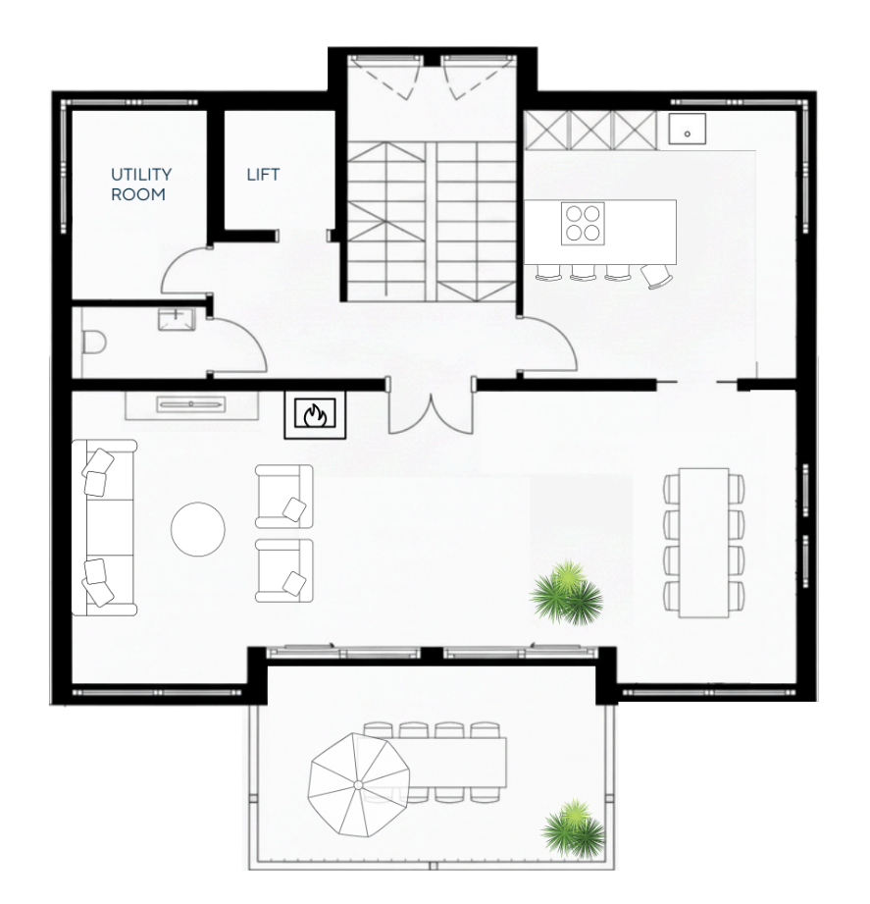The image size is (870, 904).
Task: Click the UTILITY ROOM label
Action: (141, 184)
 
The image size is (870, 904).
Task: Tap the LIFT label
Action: (263, 174)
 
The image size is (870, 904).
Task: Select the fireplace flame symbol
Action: (315, 414)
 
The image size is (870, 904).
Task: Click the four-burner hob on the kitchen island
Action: (583, 223)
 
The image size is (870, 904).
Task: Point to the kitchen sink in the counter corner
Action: (688, 129)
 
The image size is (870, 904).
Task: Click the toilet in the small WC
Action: (94, 343)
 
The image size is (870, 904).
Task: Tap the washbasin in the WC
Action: (177, 319)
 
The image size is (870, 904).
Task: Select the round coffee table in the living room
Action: (197, 529)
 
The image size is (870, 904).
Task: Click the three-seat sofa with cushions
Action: (104, 527)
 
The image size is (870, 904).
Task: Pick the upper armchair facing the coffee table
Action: (284, 497)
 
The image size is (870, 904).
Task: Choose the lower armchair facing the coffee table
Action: (284, 570)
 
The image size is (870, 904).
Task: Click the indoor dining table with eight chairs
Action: (703, 543)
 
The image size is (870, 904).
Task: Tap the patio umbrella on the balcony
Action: (358, 785)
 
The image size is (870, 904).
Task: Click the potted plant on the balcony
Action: (573, 827)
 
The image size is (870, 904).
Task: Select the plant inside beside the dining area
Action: (566, 592)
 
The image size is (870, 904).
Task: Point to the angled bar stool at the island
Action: (657, 276)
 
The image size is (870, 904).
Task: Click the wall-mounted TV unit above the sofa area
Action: (191, 404)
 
